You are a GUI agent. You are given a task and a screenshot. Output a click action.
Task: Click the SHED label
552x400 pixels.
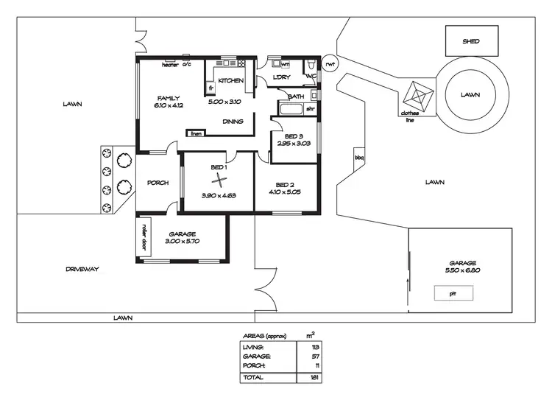[x=470, y=41]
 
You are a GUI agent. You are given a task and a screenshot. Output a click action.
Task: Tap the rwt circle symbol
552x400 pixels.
[x=330, y=64]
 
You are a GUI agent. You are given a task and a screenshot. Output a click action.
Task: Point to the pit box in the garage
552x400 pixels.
[x=453, y=293]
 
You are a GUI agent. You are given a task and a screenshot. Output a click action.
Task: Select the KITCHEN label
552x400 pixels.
[x=230, y=80]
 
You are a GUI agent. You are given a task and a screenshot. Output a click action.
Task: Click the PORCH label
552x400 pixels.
[x=158, y=183]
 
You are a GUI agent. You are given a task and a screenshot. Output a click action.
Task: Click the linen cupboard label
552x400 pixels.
[x=196, y=133]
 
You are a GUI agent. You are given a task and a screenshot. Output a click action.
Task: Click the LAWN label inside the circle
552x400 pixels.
[x=470, y=94]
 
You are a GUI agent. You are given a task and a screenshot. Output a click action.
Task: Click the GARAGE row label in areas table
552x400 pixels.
[x=255, y=355]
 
